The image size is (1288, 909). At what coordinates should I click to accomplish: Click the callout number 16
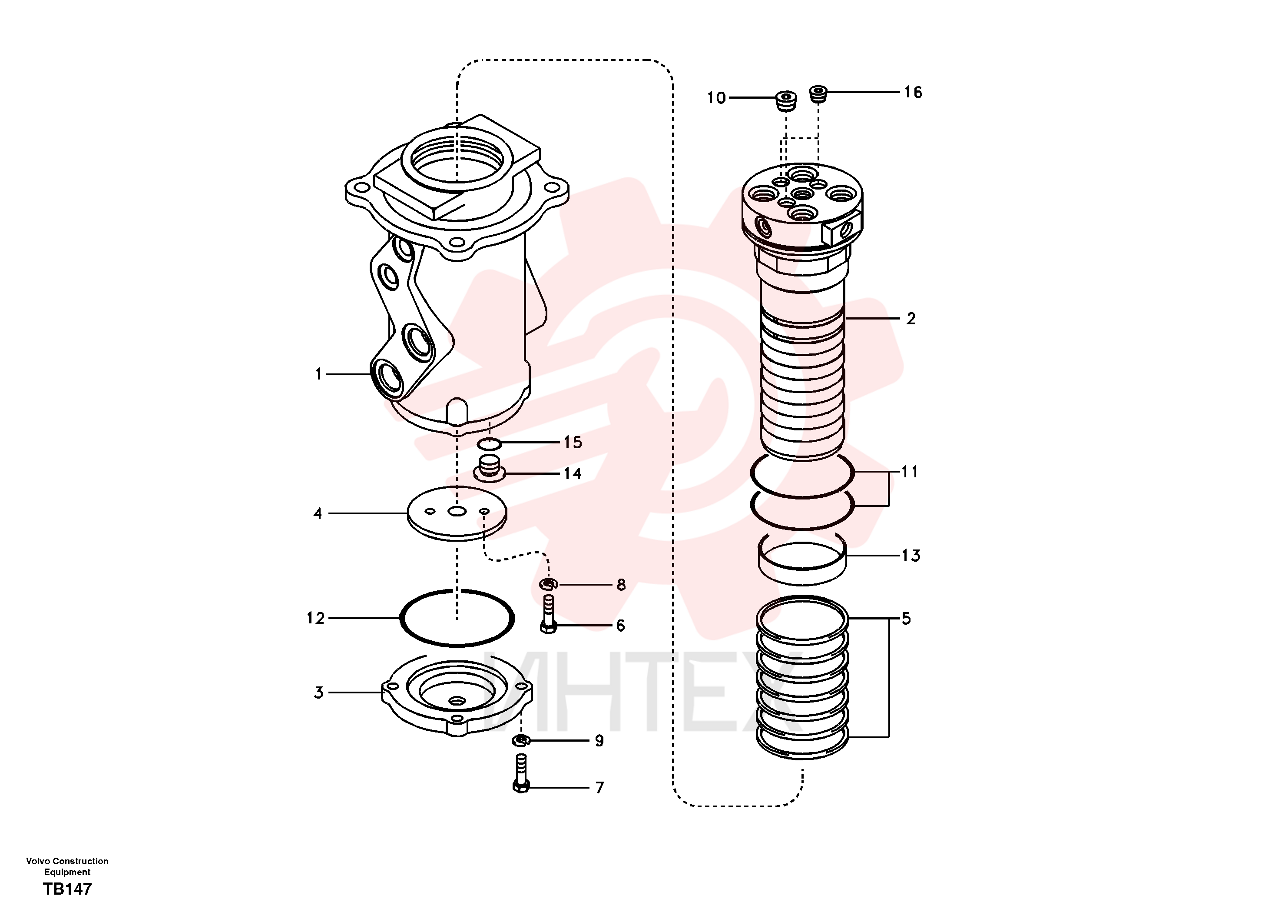tap(913, 92)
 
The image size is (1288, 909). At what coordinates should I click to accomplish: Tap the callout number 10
tap(716, 98)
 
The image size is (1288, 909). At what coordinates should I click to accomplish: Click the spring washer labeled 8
tap(548, 584)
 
